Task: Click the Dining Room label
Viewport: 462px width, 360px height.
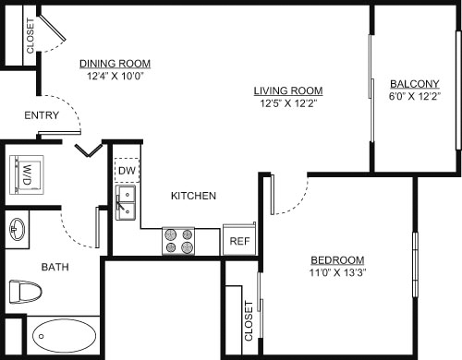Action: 115,64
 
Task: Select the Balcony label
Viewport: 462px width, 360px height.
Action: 414,81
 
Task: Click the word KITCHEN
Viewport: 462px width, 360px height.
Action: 193,196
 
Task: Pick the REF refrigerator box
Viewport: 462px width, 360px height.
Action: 239,241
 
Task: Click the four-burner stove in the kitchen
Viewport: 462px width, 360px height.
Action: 179,241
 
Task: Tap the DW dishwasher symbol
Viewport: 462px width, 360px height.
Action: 127,170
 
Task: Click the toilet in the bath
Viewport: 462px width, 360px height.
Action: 24,293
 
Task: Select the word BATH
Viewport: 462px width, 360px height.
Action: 55,268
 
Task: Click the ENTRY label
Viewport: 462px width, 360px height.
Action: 42,115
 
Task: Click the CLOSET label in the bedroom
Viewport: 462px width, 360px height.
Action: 248,321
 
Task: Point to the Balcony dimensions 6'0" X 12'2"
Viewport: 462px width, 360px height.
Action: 414,94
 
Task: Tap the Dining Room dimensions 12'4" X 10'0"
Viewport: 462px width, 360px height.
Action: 115,77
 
